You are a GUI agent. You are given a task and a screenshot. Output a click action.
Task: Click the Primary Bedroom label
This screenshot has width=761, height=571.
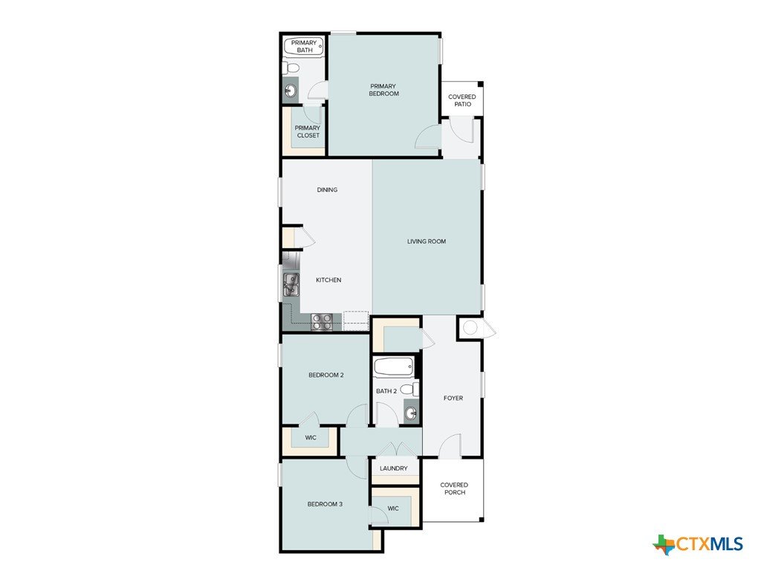click(384, 90)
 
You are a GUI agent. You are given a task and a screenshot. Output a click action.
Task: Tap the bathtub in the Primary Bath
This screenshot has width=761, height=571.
click(304, 47)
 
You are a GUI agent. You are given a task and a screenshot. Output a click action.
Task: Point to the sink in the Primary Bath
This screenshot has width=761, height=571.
click(291, 90)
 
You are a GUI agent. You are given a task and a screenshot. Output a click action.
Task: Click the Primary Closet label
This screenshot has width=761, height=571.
click(308, 132)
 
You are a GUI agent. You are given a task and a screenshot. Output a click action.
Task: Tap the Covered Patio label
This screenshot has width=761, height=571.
click(462, 100)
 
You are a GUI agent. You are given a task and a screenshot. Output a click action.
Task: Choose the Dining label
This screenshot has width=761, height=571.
click(327, 190)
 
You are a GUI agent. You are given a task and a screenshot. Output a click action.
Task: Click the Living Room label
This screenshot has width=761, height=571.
click(427, 242)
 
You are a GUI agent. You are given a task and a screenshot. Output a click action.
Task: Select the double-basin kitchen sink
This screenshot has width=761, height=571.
click(291, 284)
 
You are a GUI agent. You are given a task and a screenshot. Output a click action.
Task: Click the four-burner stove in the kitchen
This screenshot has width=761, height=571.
click(322, 322)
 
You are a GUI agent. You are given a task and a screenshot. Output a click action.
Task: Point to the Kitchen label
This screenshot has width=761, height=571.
click(328, 280)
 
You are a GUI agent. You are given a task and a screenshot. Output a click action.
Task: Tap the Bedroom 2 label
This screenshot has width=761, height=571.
click(326, 375)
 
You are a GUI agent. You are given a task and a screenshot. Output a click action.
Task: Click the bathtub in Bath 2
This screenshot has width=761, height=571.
click(394, 367)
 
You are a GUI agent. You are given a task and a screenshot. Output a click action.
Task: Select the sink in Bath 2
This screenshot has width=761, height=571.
click(411, 413)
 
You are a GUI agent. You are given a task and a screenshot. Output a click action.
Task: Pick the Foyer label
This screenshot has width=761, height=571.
click(453, 399)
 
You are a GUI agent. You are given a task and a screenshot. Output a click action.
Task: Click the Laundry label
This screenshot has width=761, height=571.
click(394, 468)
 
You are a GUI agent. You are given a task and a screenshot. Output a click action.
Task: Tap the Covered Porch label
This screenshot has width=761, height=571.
click(454, 488)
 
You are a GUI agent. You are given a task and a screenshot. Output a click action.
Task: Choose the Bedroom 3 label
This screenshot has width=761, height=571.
click(326, 504)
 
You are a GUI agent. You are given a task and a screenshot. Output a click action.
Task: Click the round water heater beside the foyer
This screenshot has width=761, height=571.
click(470, 328)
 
